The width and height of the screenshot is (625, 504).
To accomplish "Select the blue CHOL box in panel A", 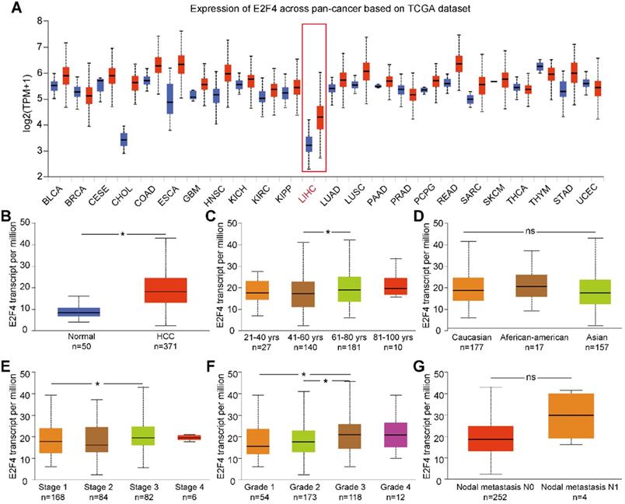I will click(122, 139).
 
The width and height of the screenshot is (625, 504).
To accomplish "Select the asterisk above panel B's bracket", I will click(122, 233).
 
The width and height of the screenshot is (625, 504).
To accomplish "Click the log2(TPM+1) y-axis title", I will click(12, 98).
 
